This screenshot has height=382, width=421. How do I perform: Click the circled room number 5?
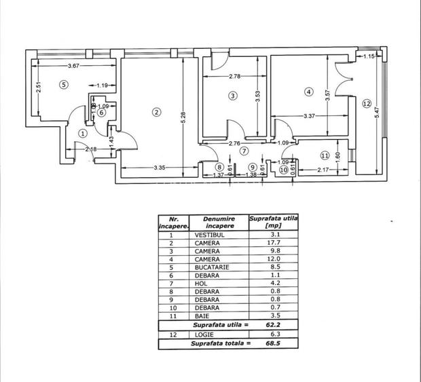[62, 85]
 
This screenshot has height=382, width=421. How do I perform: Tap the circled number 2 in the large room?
[157, 112]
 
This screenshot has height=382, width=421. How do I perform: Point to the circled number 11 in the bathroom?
[325, 155]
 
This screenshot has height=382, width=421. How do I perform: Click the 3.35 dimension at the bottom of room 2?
[160, 168]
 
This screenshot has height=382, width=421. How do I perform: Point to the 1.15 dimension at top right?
[369, 56]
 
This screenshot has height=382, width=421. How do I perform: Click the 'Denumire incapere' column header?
[220, 223]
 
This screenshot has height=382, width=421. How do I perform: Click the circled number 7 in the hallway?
[242, 151]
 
